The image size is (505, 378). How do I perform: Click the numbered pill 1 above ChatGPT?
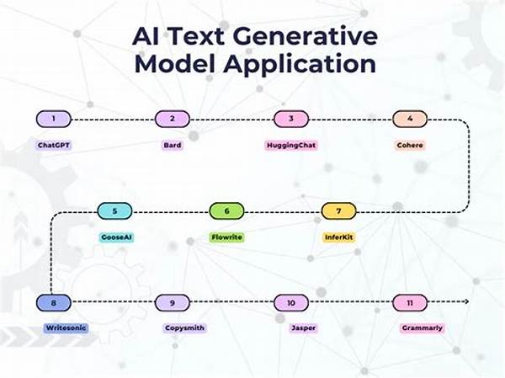(54, 119)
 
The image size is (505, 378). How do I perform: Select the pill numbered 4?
(410, 119)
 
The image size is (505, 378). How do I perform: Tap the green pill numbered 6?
(226, 211)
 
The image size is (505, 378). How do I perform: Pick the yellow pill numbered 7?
(339, 211)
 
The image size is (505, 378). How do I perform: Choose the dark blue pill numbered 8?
(54, 303)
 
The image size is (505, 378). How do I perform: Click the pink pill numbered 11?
(410, 303)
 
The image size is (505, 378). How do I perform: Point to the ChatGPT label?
(54, 146)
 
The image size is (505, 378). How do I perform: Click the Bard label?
(173, 146)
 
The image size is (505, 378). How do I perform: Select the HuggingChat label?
(291, 146)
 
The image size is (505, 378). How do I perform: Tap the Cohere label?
(410, 146)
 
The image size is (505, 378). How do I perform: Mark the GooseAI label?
(116, 237)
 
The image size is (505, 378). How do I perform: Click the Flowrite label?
(226, 237)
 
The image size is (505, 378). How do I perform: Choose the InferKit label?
(339, 237)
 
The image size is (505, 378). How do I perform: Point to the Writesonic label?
(66, 328)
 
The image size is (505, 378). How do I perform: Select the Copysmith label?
(184, 328)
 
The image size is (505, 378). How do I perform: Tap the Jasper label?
(303, 328)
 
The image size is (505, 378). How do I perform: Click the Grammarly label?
(423, 328)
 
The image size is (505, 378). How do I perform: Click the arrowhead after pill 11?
(466, 301)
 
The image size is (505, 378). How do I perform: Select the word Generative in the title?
(305, 36)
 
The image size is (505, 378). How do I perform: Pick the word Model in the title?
(174, 63)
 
